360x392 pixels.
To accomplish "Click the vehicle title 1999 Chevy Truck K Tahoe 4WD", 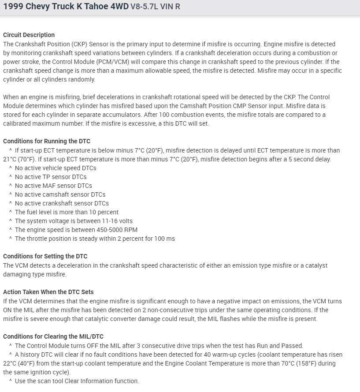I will [66, 7].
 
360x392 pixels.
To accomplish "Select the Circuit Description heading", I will [29, 35].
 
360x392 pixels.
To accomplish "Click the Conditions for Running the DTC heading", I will [46, 141].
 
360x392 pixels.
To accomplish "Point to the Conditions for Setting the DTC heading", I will [45, 256].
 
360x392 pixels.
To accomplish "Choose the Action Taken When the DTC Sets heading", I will [48, 292].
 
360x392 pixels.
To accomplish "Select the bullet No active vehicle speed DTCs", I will [56, 168].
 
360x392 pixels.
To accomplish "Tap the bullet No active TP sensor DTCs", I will [51, 177].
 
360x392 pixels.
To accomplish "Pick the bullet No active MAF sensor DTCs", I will [53, 186].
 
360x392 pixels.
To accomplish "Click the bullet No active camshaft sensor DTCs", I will [60, 194].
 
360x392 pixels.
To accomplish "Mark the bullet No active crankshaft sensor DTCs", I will [62, 203].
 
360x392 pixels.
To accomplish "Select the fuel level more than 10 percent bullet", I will [67, 212].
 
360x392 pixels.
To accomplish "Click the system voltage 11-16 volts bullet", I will [74, 221].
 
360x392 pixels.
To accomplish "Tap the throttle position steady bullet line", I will [95, 239].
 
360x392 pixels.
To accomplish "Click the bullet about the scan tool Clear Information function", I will [77, 381].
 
